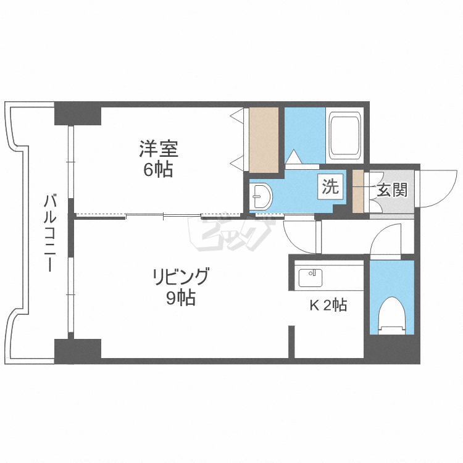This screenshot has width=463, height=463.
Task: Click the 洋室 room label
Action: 158,149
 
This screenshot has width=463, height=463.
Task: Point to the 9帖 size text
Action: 181,299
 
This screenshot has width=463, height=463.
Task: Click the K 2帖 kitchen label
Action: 327,305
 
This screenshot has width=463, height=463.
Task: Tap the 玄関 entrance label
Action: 392,190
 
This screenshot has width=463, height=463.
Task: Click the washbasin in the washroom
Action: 262,197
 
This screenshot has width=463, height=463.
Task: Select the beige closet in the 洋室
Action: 264,140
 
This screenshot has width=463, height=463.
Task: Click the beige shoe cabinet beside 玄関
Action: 358,191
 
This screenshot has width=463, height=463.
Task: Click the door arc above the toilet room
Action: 386,241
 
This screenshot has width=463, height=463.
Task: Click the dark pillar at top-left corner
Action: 78,114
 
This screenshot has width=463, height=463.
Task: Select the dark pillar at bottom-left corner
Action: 78,351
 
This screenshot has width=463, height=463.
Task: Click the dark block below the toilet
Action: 391,349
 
